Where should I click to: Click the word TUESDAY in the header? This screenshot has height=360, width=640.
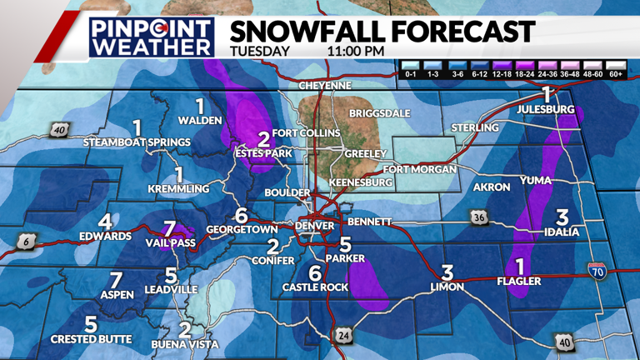pyautogui.click(x=260, y=50)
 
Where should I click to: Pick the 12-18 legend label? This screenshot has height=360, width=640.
pyautogui.click(x=502, y=75)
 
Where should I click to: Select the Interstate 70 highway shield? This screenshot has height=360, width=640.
pyautogui.click(x=596, y=270)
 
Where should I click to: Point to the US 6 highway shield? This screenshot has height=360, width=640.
pyautogui.click(x=24, y=241)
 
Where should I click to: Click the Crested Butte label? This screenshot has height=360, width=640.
pyautogui.click(x=91, y=338)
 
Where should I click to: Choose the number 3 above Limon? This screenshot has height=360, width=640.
pyautogui.click(x=447, y=272)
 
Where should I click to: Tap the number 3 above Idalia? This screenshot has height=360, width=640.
pyautogui.click(x=562, y=217)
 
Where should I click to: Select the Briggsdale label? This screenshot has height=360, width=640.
pyautogui.click(x=380, y=112)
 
